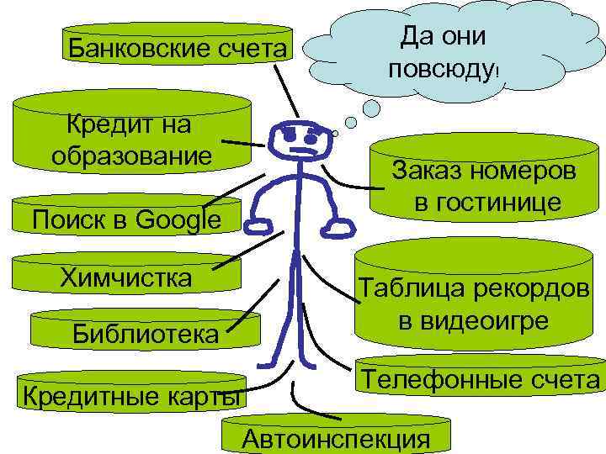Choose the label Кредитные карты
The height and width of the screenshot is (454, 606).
coord(130,393)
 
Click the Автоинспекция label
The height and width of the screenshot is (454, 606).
coord(335,438)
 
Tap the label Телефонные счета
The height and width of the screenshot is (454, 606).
coord(481,380)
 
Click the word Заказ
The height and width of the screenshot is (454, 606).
coord(428,172)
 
